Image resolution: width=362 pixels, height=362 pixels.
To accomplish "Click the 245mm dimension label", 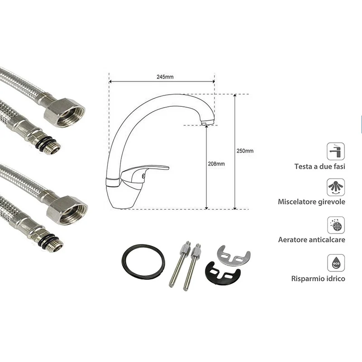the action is [165, 77].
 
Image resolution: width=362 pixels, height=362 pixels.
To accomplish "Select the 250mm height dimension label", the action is [245, 151].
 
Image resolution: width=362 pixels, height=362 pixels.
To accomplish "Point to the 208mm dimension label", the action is [216, 164].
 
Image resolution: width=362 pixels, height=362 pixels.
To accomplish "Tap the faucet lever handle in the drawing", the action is [144, 171].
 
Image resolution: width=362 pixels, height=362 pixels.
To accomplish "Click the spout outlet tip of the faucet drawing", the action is [207, 122].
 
